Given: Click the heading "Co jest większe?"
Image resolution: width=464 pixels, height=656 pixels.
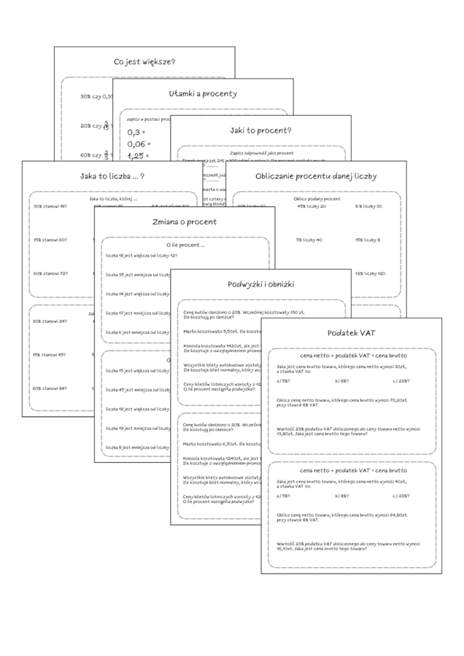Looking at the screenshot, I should (x=144, y=62).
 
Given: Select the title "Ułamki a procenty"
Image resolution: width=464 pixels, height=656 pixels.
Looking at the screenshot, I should (x=202, y=93).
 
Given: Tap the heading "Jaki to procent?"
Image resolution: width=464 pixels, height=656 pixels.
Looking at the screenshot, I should (x=260, y=130).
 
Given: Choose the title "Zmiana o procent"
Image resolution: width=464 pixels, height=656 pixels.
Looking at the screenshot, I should (x=184, y=222).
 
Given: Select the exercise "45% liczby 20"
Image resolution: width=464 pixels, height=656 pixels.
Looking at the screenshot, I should (x=311, y=206).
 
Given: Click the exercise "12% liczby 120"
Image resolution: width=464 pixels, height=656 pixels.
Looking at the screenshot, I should (x=369, y=273).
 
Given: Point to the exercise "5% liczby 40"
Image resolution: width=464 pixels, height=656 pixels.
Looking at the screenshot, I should (x=310, y=240).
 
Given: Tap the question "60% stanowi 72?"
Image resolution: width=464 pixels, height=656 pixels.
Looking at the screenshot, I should (x=50, y=273).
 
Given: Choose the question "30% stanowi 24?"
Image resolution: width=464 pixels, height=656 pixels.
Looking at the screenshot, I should (x=50, y=321).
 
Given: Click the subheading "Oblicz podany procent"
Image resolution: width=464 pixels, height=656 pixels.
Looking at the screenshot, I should (x=317, y=198).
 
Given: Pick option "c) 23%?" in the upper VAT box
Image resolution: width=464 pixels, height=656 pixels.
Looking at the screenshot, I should (x=400, y=381).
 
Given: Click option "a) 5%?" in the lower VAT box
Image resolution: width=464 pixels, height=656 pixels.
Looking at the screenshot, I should (x=284, y=496).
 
